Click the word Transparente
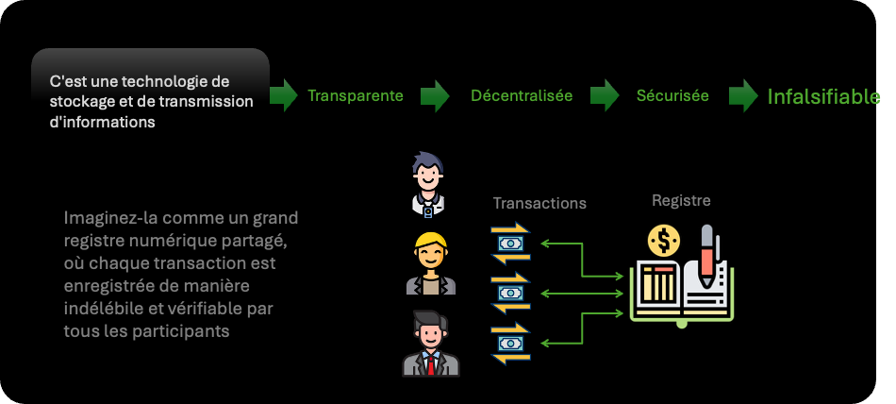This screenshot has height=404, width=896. pos(356,95)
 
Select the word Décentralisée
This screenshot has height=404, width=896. pos(522,95)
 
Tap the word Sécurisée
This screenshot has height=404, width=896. pos(672,95)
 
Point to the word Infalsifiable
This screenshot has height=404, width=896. pos(823,96)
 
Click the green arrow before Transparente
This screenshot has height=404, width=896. pos(284,95)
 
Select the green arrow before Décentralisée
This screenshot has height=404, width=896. pos(434,95)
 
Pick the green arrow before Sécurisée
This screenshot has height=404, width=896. pos(604,95)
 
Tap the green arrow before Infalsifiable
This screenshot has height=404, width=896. pos(743,95)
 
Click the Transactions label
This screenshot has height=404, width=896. pos(539,203)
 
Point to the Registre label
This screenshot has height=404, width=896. pos(681,200)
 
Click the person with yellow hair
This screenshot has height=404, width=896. pos(431,264)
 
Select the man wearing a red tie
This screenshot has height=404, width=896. pos(430,344)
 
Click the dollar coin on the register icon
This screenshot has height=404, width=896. pos(664,242)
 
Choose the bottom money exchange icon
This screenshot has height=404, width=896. pos(510,344)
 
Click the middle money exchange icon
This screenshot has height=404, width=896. pos(510,294)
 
